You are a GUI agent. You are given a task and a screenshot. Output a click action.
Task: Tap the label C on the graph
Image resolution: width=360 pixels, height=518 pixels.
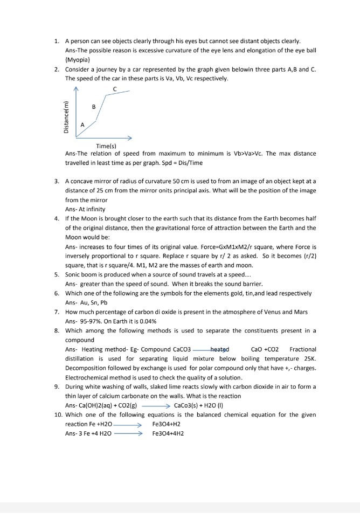[x=115, y=88]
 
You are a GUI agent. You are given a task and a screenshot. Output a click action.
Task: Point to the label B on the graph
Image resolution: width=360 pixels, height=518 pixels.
[x=94, y=107]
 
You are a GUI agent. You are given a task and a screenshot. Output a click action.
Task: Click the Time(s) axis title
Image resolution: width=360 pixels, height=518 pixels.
[x=106, y=146]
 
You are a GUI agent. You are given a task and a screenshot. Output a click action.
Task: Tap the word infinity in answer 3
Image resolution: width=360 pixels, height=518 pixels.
[x=94, y=209]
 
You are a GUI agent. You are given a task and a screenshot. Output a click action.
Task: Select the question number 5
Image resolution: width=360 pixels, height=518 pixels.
[x=57, y=274]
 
